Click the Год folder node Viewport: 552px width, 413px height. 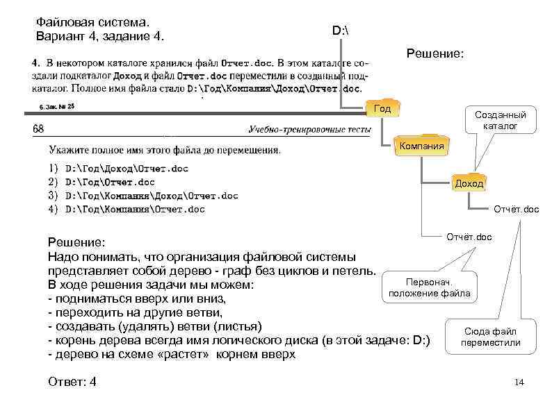pyautogui.click(x=382, y=108)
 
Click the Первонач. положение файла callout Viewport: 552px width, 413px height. pyautogui.click(x=429, y=288)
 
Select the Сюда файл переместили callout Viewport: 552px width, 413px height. pyautogui.click(x=489, y=337)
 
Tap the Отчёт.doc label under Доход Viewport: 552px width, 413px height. pyautogui.click(x=516, y=209)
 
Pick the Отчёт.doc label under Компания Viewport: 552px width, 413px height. pyautogui.click(x=469, y=237)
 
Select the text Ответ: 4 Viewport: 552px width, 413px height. pyautogui.click(x=72, y=382)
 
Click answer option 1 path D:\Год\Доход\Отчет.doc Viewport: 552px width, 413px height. pyautogui.click(x=126, y=169)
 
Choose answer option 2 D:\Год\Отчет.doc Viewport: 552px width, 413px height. pyautogui.click(x=109, y=182)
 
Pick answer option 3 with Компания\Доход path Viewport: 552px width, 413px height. pyautogui.click(x=151, y=196)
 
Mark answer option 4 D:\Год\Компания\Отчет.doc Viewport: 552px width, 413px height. pyautogui.click(x=134, y=209)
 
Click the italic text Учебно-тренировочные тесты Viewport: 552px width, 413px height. pyautogui.click(x=306, y=129)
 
